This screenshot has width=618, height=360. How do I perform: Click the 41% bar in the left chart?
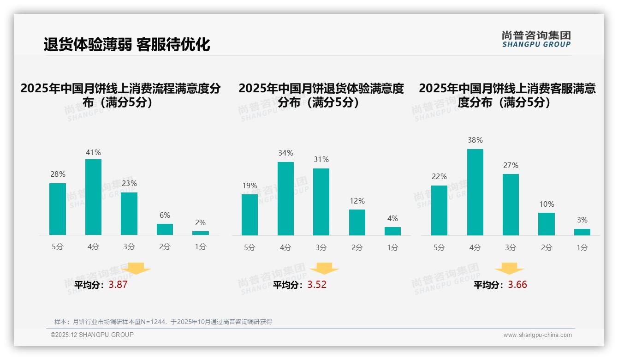(93, 197)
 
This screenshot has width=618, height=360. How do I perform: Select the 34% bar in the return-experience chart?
(285, 198)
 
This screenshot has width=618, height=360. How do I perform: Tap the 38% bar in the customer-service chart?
(475, 192)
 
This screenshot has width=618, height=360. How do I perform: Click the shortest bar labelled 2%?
(201, 233)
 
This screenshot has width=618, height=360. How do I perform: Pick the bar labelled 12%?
(357, 222)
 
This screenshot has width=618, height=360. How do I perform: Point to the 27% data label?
(511, 165)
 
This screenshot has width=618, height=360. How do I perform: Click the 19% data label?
(250, 186)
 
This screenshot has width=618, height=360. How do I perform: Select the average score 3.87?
(118, 285)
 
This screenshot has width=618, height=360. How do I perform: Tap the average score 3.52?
(317, 285)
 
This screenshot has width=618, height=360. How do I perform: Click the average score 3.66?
(517, 285)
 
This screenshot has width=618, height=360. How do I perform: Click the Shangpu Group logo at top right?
(536, 39)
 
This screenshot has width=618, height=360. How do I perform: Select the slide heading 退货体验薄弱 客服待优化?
(127, 44)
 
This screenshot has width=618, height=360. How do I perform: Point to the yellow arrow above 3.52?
(325, 269)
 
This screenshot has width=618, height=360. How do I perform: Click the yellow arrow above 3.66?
(509, 269)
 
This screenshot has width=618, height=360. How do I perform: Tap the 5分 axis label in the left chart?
(58, 247)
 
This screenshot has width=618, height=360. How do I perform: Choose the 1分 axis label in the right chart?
(582, 248)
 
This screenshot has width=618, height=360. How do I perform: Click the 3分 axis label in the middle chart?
(321, 248)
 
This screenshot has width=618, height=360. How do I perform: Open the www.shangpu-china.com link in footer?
(537, 335)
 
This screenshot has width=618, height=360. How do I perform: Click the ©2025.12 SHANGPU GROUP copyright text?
(92, 335)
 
